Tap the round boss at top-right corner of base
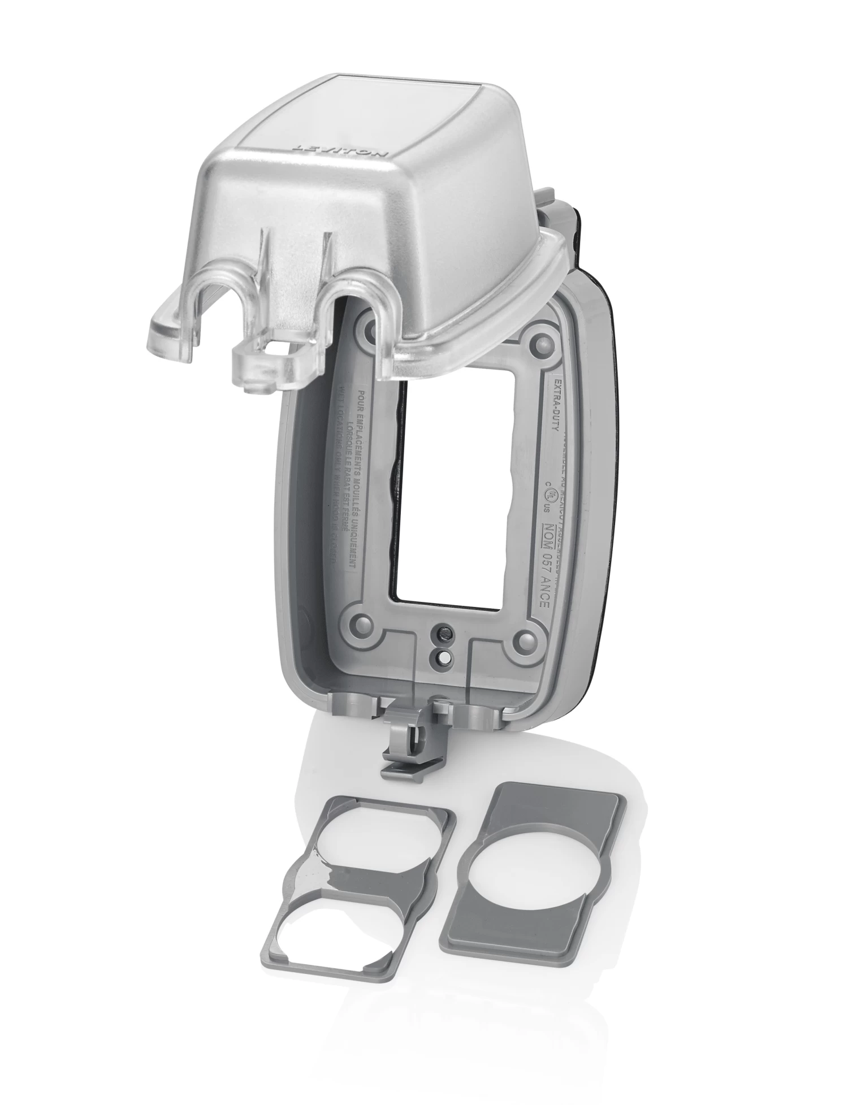coord(540,341)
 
